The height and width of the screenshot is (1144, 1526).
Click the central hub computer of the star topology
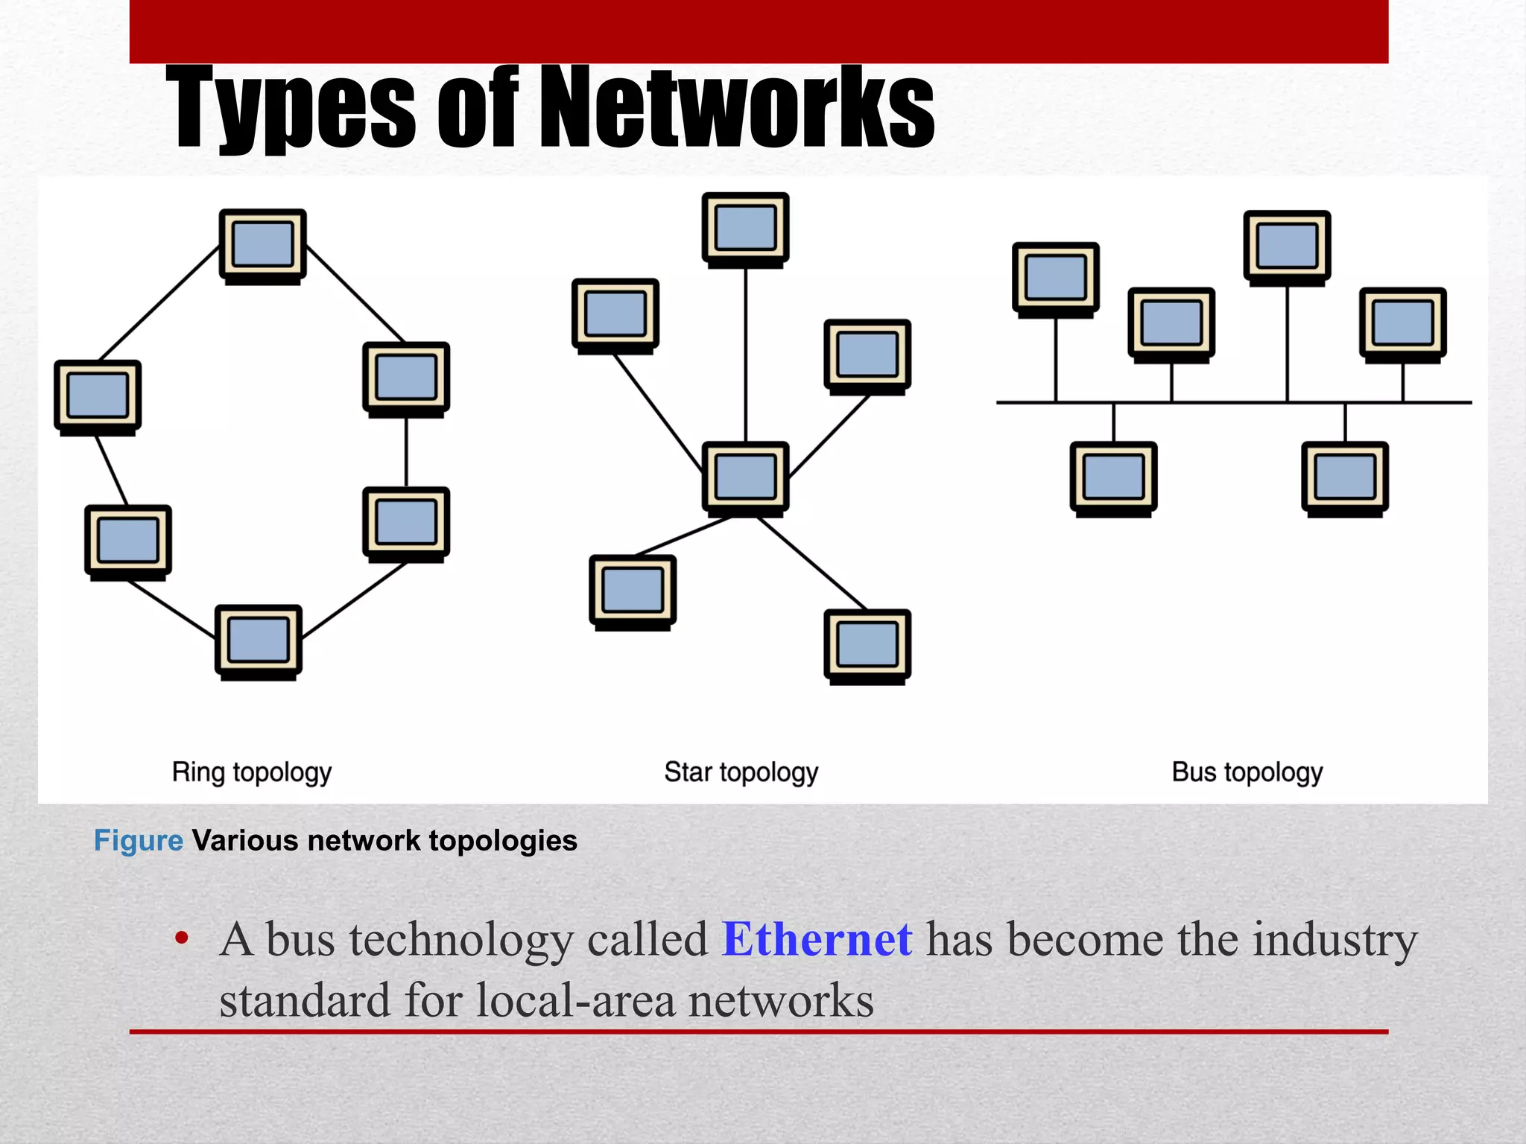coord(745,477)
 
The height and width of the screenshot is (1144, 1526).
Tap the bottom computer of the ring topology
coord(259,641)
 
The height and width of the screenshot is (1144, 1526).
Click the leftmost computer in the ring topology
coord(98,395)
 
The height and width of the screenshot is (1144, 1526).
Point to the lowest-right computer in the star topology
coord(867,645)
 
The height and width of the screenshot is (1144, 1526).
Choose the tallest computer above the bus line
coord(1287,247)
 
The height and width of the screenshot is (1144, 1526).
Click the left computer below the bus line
coord(1113,477)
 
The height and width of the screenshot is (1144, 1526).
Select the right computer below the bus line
coord(1345,477)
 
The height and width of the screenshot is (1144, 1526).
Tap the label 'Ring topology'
coord(252,772)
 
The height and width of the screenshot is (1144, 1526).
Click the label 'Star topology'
coord(741,772)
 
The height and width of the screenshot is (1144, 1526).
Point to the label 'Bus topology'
coord(1247,772)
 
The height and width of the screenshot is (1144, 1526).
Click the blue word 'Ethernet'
coord(817,939)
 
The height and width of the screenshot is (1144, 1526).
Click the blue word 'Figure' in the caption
coord(139,841)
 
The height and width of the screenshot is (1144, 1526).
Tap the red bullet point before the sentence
coord(182,938)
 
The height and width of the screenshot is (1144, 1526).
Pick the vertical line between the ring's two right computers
coord(406,452)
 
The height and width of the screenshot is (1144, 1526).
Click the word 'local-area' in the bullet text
coord(576,1000)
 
